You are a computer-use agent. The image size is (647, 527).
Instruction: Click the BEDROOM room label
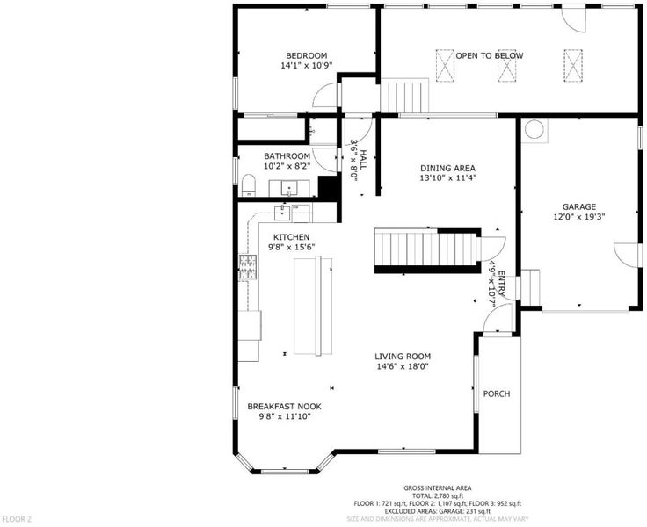[307, 55]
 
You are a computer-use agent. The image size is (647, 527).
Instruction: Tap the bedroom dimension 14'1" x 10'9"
[307, 66]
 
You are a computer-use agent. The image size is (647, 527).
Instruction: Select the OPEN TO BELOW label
[490, 55]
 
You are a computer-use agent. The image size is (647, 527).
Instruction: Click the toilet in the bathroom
[249, 185]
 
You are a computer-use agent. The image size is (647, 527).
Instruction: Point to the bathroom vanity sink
[289, 189]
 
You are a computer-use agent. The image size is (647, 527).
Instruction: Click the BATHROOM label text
[287, 156]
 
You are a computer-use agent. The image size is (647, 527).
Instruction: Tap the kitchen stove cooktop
[248, 267]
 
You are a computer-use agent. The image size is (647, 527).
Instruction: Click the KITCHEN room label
[291, 237]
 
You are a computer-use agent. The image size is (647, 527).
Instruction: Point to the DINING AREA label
[447, 169]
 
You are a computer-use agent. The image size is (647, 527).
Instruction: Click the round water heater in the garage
[534, 129]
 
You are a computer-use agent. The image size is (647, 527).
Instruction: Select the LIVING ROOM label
[403, 357]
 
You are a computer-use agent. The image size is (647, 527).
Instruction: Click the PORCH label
[497, 394]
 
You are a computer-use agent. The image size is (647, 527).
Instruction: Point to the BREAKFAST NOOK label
[284, 407]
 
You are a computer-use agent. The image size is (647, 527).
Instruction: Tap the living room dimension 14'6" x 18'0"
[403, 366]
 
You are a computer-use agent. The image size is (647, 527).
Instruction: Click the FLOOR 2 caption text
[17, 519]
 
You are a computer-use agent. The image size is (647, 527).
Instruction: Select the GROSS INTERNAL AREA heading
[438, 488]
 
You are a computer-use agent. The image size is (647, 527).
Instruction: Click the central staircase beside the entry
[427, 249]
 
